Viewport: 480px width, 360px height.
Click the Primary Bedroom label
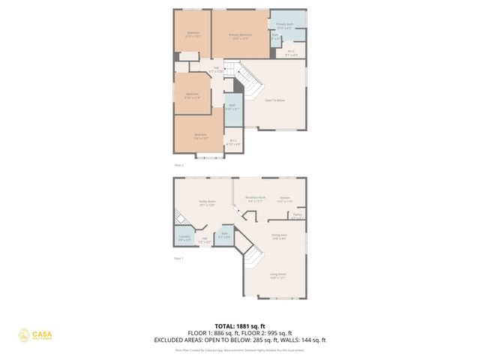(x=240, y=36)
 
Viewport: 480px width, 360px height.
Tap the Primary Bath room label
(x=285, y=26)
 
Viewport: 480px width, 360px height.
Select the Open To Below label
(x=275, y=100)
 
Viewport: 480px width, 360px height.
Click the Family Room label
(x=207, y=203)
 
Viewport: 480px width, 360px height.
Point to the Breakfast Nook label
(x=255, y=199)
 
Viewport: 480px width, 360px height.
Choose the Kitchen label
(x=284, y=199)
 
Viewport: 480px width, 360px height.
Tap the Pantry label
(x=297, y=216)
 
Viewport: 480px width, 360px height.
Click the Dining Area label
(x=279, y=236)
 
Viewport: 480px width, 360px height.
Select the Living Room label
(x=278, y=276)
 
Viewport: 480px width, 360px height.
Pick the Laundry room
(x=184, y=238)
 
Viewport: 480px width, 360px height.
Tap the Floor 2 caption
(x=178, y=164)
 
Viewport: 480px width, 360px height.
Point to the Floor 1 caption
(x=178, y=259)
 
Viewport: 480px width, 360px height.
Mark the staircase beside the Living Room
(x=252, y=262)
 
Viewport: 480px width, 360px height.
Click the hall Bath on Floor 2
(x=233, y=108)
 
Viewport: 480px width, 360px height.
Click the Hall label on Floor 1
(x=204, y=240)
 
